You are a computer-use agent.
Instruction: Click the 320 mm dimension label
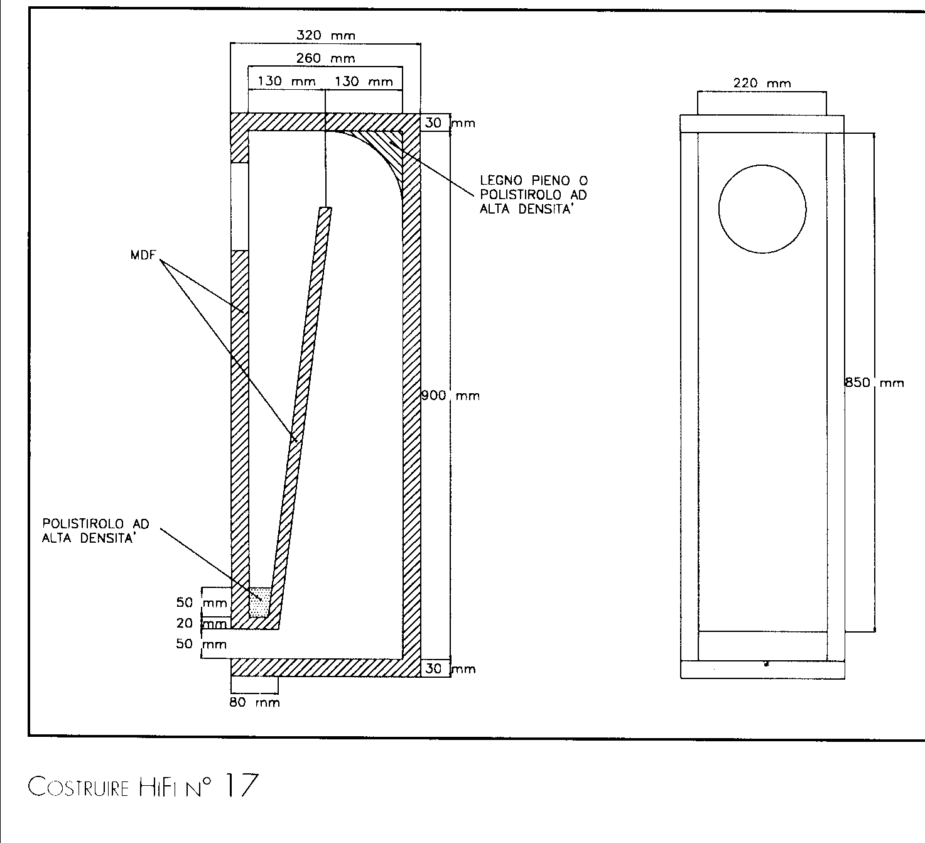[325, 36]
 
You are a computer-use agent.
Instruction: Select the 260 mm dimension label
[325, 59]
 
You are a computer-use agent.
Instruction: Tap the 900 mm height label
[450, 396]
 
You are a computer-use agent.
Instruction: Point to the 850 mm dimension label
[875, 383]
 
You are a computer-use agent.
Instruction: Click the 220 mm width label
[762, 83]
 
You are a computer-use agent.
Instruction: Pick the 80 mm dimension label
[254, 702]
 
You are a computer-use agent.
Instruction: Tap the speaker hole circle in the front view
[762, 209]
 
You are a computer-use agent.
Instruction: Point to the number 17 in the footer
[239, 786]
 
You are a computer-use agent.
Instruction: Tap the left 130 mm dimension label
[287, 82]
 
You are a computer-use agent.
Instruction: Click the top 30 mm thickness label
[450, 123]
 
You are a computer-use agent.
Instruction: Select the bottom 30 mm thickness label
[450, 669]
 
